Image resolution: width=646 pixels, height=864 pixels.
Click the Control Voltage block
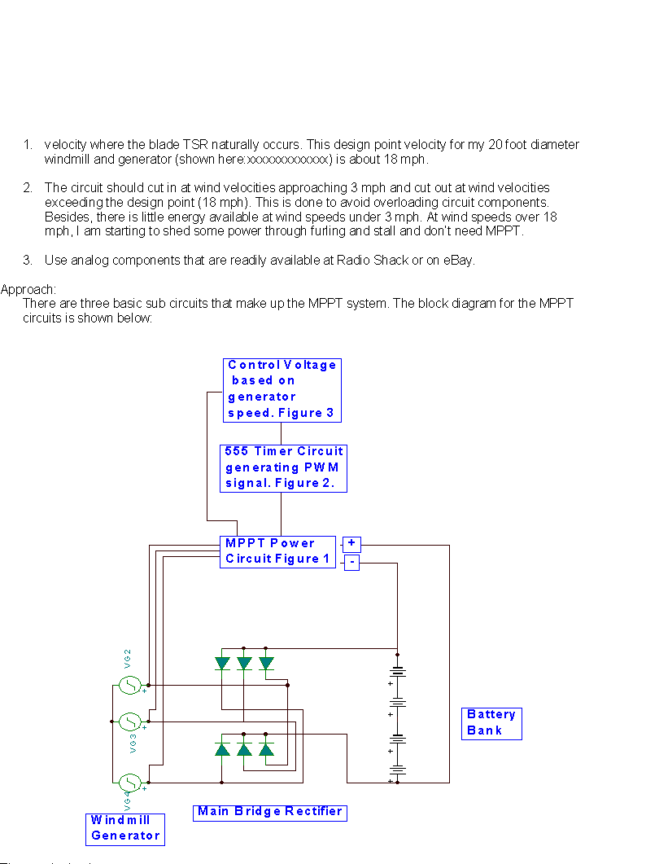point(282,389)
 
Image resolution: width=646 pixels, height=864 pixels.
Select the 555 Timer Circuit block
point(283,467)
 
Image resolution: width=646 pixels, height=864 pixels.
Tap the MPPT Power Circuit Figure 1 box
point(277,551)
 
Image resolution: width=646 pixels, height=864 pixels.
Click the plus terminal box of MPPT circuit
point(351,543)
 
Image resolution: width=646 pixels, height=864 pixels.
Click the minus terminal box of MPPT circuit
point(351,562)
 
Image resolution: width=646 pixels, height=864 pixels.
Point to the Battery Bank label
point(491,723)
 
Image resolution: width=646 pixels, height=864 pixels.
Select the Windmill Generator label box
point(124,828)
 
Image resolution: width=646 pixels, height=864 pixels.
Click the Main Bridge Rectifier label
point(269,812)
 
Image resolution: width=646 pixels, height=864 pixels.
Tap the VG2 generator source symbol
point(130,685)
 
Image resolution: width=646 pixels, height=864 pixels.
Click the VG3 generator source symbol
point(130,721)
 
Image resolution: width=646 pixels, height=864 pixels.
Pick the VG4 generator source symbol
point(130,783)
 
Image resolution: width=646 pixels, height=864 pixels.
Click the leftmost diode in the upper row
point(222,664)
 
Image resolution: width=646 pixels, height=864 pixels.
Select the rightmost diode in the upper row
point(266,664)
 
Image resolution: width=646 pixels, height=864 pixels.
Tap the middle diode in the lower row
point(244,748)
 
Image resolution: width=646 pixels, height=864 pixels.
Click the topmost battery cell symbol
point(397,673)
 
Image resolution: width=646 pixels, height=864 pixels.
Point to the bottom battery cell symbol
point(397,769)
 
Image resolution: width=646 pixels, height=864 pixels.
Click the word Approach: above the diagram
point(28,289)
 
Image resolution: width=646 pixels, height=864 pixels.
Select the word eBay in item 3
point(457,261)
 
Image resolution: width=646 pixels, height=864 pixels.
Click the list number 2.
point(28,188)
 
